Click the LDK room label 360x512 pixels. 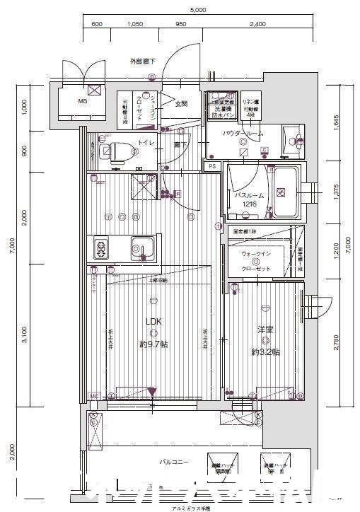tap(153, 321)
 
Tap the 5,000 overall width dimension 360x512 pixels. tap(197, 10)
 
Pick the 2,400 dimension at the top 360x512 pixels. tap(257, 24)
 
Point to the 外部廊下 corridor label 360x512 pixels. tap(142, 61)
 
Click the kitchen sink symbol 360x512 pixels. tap(146, 248)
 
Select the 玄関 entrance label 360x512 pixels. tap(181, 104)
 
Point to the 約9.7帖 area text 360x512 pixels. tap(153, 344)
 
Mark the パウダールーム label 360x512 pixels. tap(243, 133)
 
